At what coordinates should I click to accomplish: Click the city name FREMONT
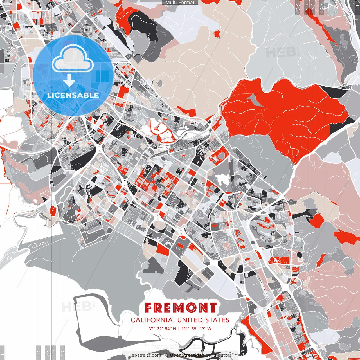pyautogui.click(x=181, y=308)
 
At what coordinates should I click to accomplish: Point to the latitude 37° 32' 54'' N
pyautogui.click(x=162, y=328)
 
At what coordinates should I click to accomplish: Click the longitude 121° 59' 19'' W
pyautogui.click(x=197, y=328)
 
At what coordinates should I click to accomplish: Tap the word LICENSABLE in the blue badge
pyautogui.click(x=73, y=95)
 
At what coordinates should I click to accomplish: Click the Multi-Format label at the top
pyautogui.click(x=180, y=3)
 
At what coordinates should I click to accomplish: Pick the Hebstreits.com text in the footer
pyautogui.click(x=145, y=355)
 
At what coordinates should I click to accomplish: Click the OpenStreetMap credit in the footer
pyautogui.click(x=187, y=355)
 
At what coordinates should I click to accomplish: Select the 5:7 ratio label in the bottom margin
pyautogui.click(x=54, y=352)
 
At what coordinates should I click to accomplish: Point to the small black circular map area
pyautogui.click(x=299, y=255)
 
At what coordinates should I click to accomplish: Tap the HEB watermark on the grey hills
pyautogui.click(x=280, y=52)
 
